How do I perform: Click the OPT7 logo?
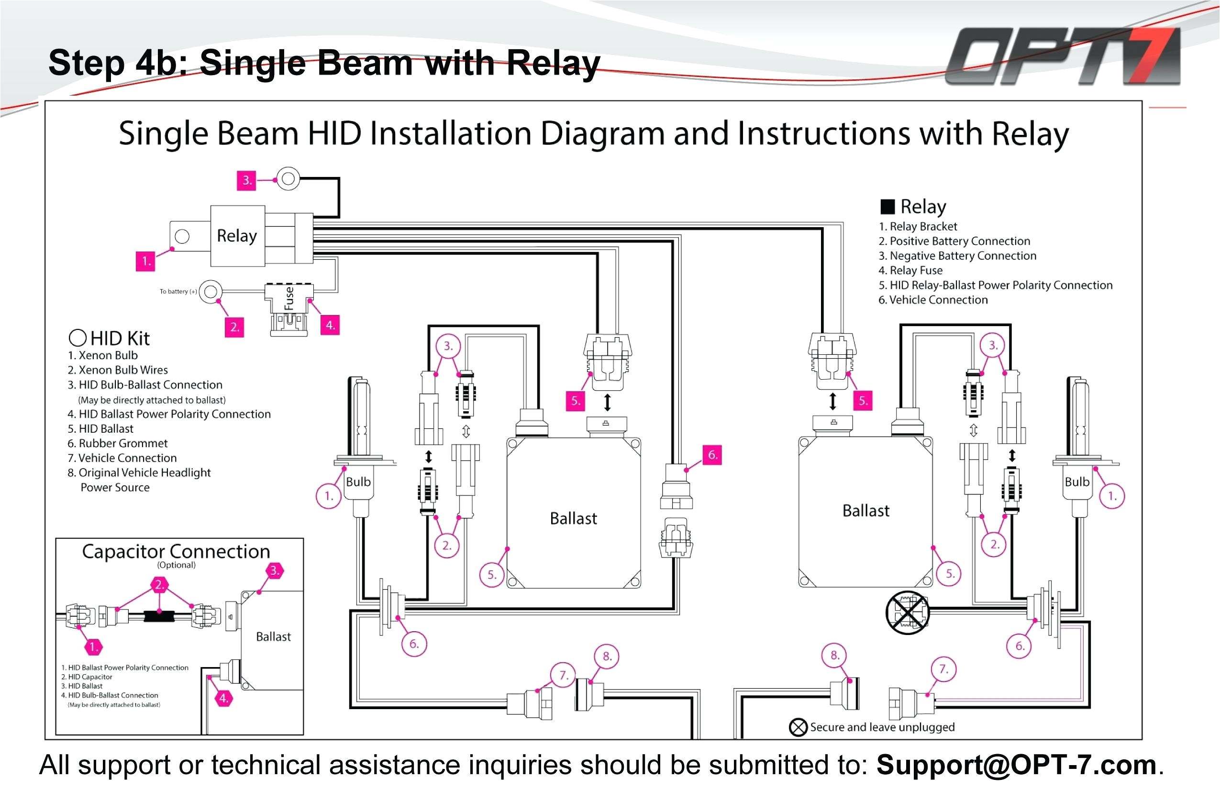coord(1064,56)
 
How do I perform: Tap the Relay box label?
coord(237,236)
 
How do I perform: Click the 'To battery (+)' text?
coord(178,292)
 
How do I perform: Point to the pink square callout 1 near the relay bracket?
coord(145,261)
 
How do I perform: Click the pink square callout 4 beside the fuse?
coord(330,325)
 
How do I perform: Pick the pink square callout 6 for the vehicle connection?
coord(712,454)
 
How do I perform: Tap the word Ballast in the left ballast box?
coord(573,518)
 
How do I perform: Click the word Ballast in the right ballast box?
coord(866,510)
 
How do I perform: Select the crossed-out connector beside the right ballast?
coord(907,612)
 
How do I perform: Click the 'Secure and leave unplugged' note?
coord(882,727)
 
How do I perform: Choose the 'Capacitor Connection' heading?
coord(176,551)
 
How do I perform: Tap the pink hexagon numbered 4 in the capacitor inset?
coord(223,698)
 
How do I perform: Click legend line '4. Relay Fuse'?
coord(910,270)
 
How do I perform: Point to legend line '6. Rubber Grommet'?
coord(117,443)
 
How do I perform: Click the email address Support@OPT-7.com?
coord(1017,765)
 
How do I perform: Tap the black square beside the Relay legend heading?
coord(887,207)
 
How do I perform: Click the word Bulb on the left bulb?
coord(358,482)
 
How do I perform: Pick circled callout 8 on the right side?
coord(834,655)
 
